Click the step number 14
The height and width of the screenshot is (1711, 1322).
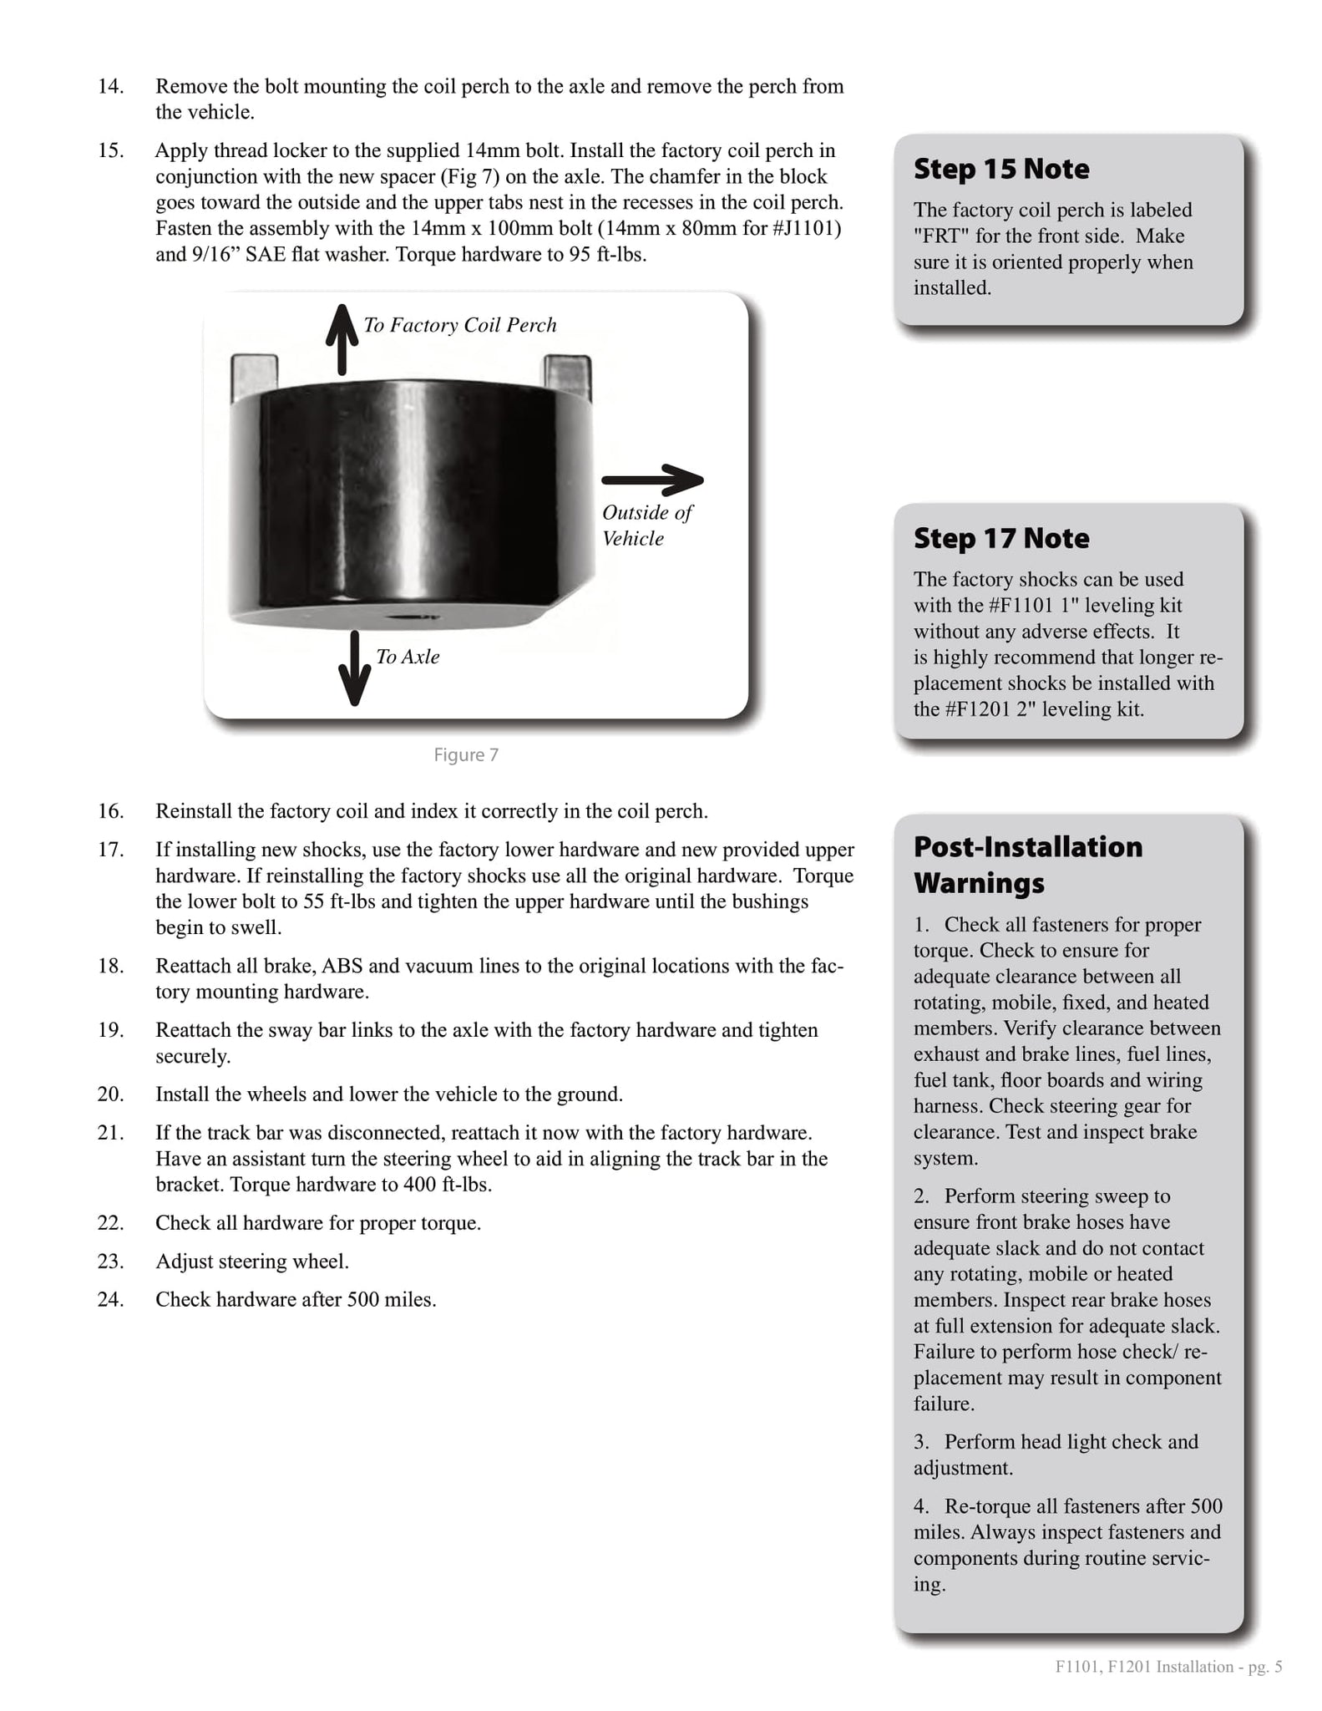click(111, 86)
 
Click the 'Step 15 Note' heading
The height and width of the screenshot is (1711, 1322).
click(1000, 169)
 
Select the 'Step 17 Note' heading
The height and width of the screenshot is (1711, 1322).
click(1000, 538)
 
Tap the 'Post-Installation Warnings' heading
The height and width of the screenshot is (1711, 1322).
click(1027, 864)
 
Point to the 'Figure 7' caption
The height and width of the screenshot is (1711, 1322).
click(466, 755)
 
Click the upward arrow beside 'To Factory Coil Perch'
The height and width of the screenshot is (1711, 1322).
click(342, 339)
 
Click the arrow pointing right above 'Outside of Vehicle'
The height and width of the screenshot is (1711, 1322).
click(652, 480)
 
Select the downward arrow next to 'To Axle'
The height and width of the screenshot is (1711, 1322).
click(355, 668)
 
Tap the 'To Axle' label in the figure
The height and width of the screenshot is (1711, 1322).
click(408, 657)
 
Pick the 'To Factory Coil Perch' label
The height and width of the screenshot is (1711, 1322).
click(460, 325)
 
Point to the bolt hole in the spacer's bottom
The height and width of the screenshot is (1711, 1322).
click(409, 617)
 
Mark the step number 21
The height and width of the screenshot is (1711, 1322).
click(111, 1133)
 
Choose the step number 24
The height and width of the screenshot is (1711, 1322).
click(111, 1299)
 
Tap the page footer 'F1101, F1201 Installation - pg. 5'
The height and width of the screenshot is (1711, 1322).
click(1168, 1667)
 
